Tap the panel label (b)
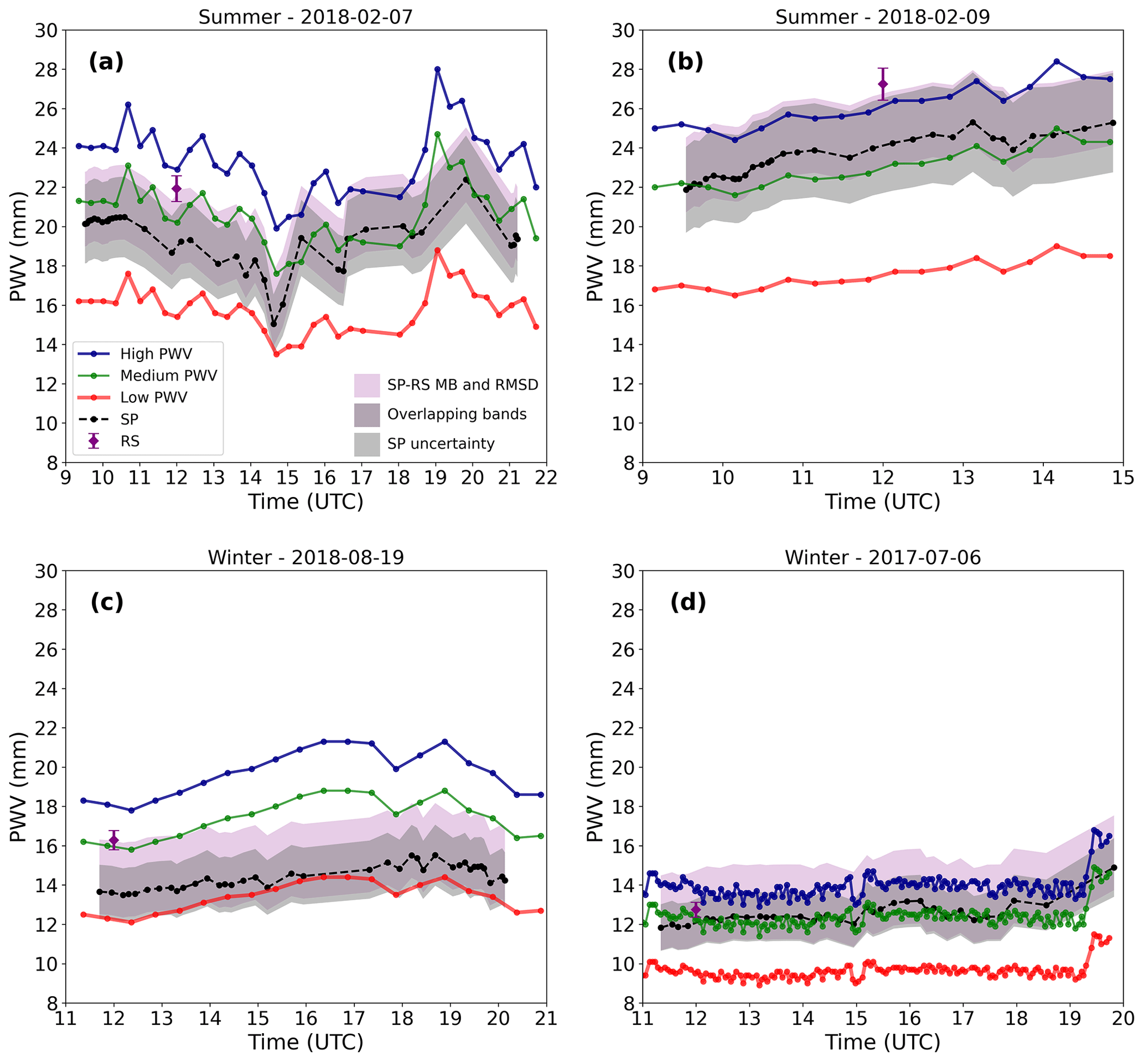pyautogui.click(x=685, y=61)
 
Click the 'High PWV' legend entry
pyautogui.click(x=156, y=354)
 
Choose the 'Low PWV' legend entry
pyautogui.click(x=153, y=397)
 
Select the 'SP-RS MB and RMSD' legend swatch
pyautogui.click(x=366, y=385)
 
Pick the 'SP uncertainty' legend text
pyautogui.click(x=441, y=444)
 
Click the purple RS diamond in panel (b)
pyautogui.click(x=883, y=84)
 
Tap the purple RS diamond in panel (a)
pyautogui.click(x=177, y=189)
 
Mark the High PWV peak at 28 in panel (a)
pyautogui.click(x=437, y=69)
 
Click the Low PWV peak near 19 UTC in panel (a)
pyautogui.click(x=437, y=251)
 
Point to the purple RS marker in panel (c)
pyautogui.click(x=114, y=840)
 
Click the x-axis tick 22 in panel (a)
pyautogui.click(x=546, y=478)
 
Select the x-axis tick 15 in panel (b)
pyautogui.click(x=1123, y=478)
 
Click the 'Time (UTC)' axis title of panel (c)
pyautogui.click(x=306, y=1042)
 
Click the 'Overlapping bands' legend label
pyautogui.click(x=457, y=415)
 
